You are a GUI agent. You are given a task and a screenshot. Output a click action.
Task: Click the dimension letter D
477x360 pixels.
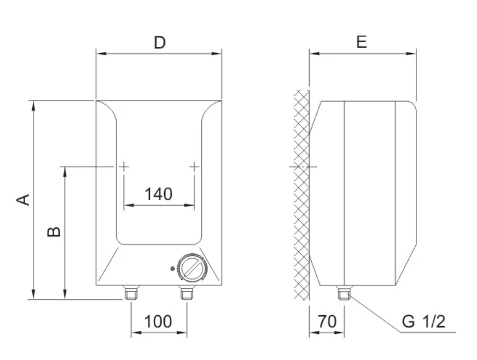[159, 42]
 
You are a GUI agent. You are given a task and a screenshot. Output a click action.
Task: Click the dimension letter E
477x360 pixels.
[362, 42]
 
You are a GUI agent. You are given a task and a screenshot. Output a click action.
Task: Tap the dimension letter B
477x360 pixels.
[54, 232]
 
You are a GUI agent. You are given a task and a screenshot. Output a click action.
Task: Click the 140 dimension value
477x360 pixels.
[158, 194]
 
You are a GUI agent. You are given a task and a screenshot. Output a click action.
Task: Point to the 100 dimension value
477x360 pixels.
[158, 321]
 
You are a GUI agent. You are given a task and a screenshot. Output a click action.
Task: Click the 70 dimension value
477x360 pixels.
[327, 321]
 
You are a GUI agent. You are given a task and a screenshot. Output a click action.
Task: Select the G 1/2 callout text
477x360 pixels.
[423, 321]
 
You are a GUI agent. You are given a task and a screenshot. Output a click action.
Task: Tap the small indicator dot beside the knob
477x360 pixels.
[173, 269]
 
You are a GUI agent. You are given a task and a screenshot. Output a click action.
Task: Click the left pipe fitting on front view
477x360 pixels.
[131, 294]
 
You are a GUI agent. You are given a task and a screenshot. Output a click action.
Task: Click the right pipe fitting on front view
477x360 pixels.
[187, 294]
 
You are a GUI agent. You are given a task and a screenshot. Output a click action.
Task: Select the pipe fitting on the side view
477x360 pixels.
[344, 294]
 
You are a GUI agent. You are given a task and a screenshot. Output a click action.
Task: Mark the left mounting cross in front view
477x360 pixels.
[124, 166]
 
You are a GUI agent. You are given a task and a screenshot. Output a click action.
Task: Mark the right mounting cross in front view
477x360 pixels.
[194, 166]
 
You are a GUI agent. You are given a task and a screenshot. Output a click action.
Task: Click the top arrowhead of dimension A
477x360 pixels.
[34, 104]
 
